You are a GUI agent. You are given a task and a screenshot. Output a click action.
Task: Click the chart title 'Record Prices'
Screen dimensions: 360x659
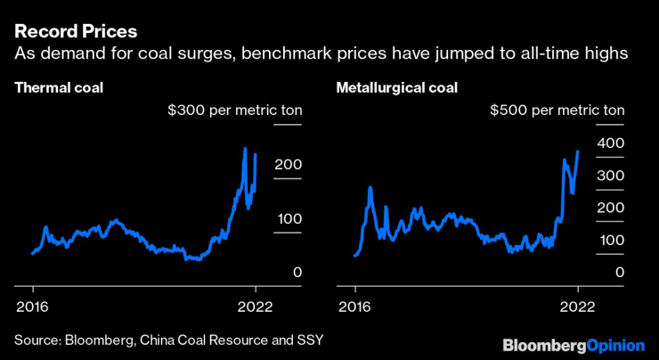coord(76,31)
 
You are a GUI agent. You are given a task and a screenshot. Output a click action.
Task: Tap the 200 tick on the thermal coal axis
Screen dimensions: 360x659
coord(289,166)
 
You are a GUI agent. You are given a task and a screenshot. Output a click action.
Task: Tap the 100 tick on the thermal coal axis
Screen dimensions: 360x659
coord(289,219)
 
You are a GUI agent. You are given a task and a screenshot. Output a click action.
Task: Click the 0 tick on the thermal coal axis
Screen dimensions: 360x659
coord(297,273)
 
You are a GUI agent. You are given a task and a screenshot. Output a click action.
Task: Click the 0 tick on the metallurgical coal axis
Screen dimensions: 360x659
coord(619,273)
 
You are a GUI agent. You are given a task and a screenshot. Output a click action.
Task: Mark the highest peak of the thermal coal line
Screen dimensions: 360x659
coord(245,148)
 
